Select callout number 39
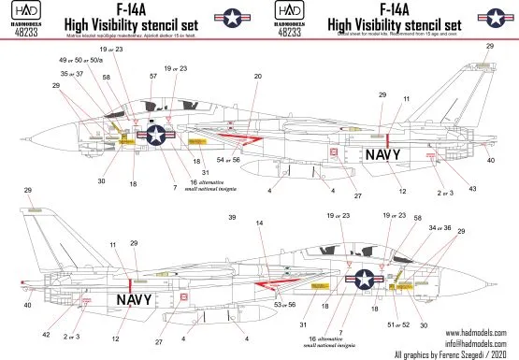[231, 217]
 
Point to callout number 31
[304, 324]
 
